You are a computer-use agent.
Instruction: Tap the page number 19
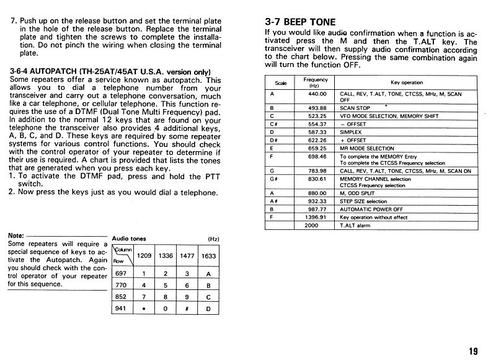pyautogui.click(x=473, y=351)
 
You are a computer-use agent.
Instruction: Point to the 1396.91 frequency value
pyautogui.click(x=316, y=217)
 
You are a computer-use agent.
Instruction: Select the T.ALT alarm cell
pyautogui.click(x=355, y=226)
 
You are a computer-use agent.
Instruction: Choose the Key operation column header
pyautogui.click(x=407, y=82)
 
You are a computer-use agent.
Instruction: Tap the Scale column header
pyautogui.click(x=280, y=82)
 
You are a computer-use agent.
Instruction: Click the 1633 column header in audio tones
pyautogui.click(x=209, y=256)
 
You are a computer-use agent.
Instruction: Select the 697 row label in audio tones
pyautogui.click(x=121, y=273)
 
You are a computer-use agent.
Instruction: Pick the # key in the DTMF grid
pyautogui.click(x=187, y=309)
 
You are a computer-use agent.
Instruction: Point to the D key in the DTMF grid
pyautogui.click(x=208, y=309)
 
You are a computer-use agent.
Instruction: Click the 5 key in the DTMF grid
pyautogui.click(x=166, y=285)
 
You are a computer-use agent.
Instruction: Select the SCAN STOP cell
pyautogui.click(x=355, y=107)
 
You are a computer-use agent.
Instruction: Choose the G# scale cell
pyautogui.click(x=273, y=179)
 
